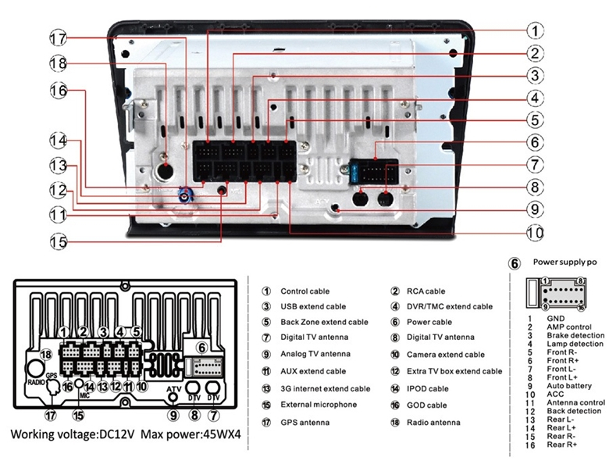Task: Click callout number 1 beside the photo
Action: tap(534, 31)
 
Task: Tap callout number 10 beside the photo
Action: tap(534, 233)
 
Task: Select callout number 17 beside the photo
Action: tap(59, 38)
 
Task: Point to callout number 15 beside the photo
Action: tap(59, 242)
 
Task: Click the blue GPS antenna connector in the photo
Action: tap(185, 195)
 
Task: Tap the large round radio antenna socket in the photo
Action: tap(165, 171)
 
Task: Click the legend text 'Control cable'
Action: tap(304, 291)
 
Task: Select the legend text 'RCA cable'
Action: tap(426, 291)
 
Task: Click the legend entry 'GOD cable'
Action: tap(427, 405)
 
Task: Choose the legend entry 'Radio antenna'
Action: tap(434, 423)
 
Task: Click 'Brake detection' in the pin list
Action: tap(575, 335)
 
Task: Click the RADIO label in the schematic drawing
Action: tap(36, 384)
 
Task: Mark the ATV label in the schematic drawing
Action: tap(175, 388)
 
